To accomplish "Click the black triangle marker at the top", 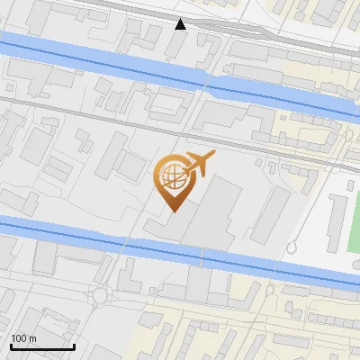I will coord(181,24).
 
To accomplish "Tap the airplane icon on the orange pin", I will coord(199,163).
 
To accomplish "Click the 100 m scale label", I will coord(22,338).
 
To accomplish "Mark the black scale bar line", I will coord(41,346).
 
